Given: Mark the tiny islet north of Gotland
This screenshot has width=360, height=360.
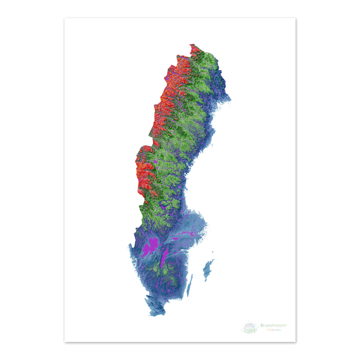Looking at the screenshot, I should tap(213, 260).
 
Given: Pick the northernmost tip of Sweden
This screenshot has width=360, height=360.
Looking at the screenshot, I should tap(191, 44).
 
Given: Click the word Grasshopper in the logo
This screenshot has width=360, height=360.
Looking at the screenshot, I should tap(273, 325).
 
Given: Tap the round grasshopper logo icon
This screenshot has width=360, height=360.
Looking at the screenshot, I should tap(250, 327).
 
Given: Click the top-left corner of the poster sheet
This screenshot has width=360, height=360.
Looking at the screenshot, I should tap(64, 18).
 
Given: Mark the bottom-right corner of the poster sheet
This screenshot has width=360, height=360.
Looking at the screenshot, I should tap(295, 342).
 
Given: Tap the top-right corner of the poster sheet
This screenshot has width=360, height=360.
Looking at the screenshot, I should tap(295, 18).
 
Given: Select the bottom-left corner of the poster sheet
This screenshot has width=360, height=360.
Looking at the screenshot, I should tap(64, 342).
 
